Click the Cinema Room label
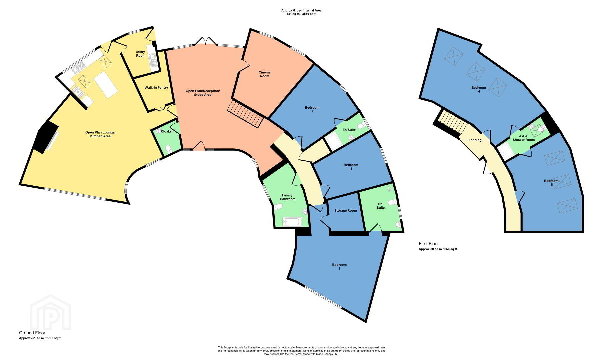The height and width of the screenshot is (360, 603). click(x=264, y=74)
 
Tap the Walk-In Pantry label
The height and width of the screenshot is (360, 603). click(x=156, y=88)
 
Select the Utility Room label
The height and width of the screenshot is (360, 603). click(x=141, y=54)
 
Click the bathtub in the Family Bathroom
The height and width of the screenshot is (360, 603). click(x=292, y=221)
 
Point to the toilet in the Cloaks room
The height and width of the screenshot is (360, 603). click(x=169, y=149)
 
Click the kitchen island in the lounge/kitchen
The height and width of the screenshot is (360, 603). click(x=106, y=84)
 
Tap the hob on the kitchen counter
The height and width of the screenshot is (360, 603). click(x=78, y=92)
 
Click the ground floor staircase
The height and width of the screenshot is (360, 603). click(x=246, y=114)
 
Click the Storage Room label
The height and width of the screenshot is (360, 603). click(x=346, y=211)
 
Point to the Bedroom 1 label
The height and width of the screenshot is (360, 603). click(x=339, y=266)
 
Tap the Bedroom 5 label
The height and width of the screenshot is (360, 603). click(x=551, y=183)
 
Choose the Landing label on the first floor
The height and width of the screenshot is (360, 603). click(x=475, y=140)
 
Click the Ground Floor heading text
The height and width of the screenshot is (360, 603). click(x=32, y=333)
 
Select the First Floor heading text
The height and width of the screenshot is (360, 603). click(x=429, y=244)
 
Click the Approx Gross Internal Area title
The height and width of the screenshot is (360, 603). click(x=301, y=10)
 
